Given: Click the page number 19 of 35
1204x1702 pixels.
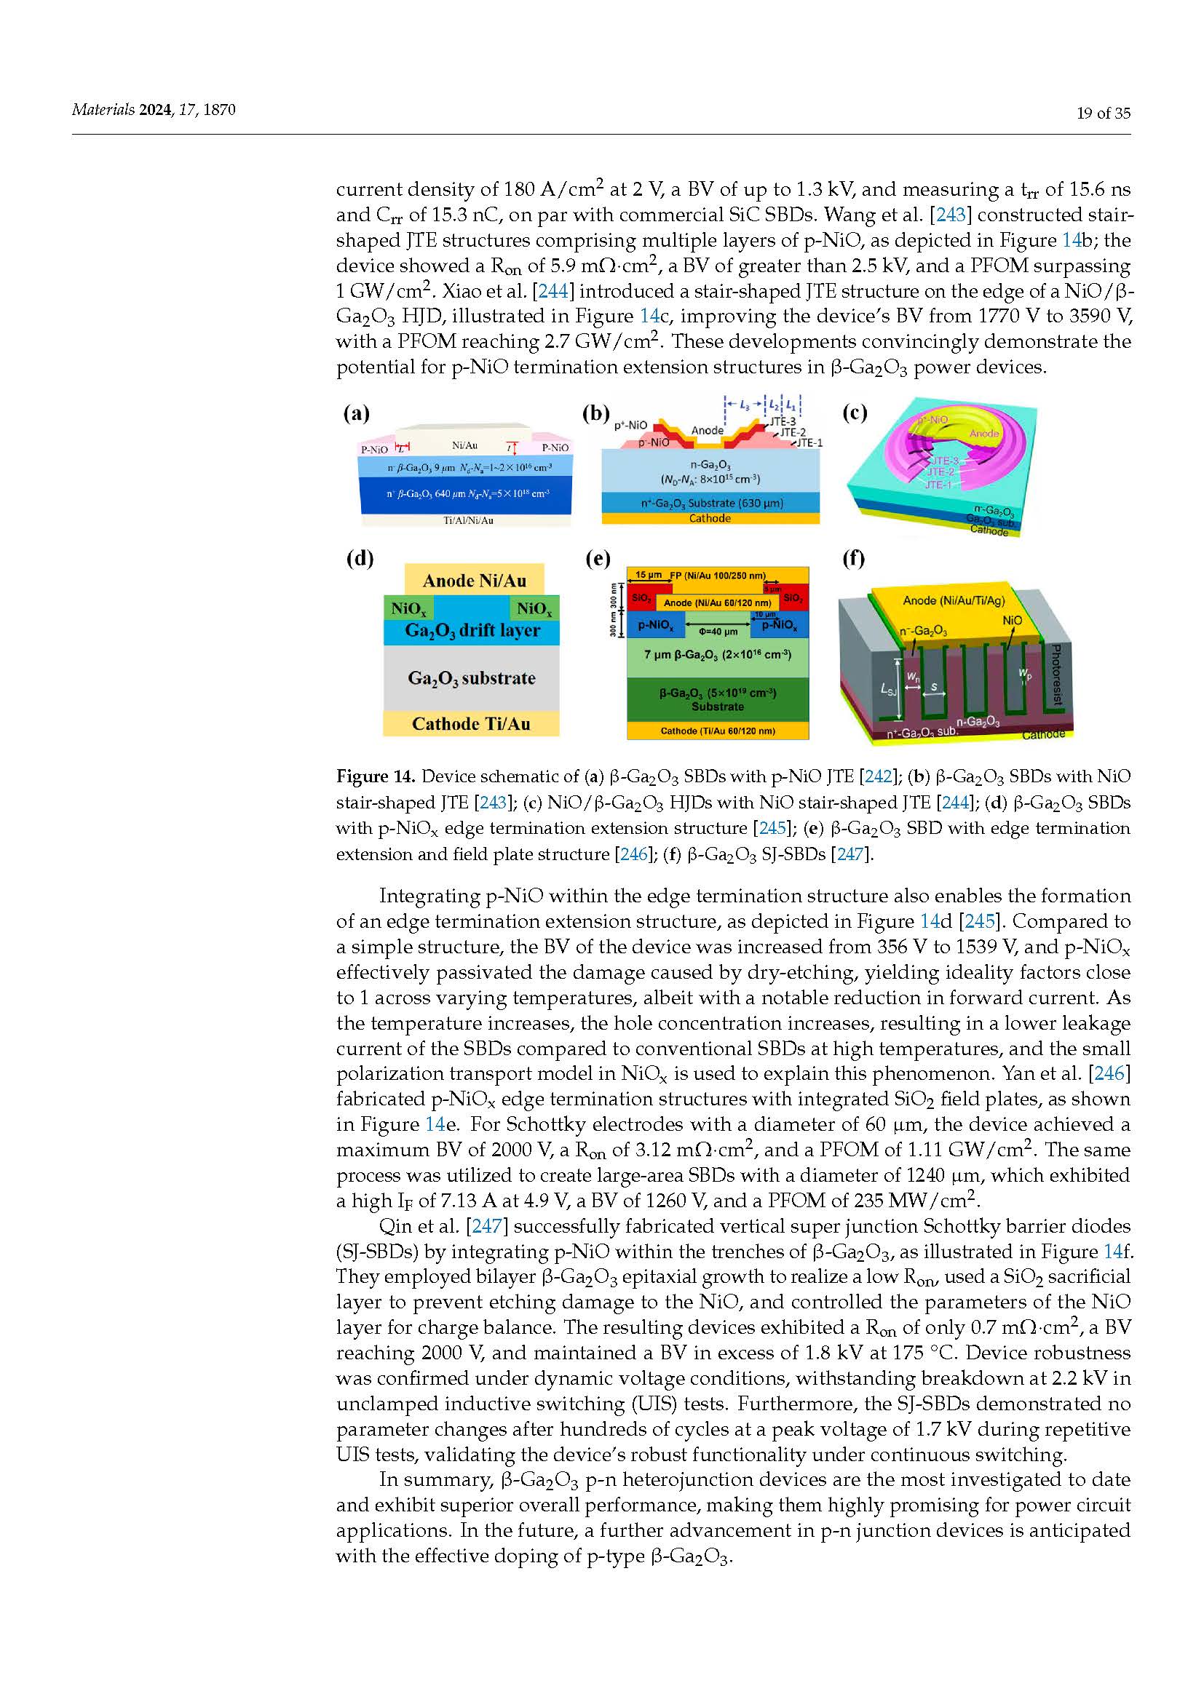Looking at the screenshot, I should click(1103, 113).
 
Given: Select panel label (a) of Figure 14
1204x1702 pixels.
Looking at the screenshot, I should click(356, 413).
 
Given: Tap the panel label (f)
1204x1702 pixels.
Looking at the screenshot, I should click(853, 558).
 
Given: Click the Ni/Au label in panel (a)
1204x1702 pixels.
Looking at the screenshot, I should click(465, 445).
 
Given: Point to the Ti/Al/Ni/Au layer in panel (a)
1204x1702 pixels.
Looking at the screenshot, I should click(468, 520).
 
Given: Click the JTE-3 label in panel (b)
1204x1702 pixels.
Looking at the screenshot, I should click(782, 421).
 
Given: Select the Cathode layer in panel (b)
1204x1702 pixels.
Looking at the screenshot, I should click(710, 518).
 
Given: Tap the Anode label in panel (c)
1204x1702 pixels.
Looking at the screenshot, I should click(985, 433).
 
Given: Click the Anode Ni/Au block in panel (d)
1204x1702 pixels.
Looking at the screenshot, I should click(475, 581).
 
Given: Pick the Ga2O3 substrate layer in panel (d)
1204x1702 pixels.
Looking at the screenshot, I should click(472, 677).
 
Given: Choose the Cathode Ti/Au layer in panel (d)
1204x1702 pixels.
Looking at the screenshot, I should click(471, 723).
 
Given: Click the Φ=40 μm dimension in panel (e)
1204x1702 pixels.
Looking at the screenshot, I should click(718, 632).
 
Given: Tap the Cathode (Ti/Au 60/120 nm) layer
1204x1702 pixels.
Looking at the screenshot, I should click(718, 731).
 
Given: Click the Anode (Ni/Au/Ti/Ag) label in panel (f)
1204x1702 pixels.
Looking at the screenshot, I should click(954, 600).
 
